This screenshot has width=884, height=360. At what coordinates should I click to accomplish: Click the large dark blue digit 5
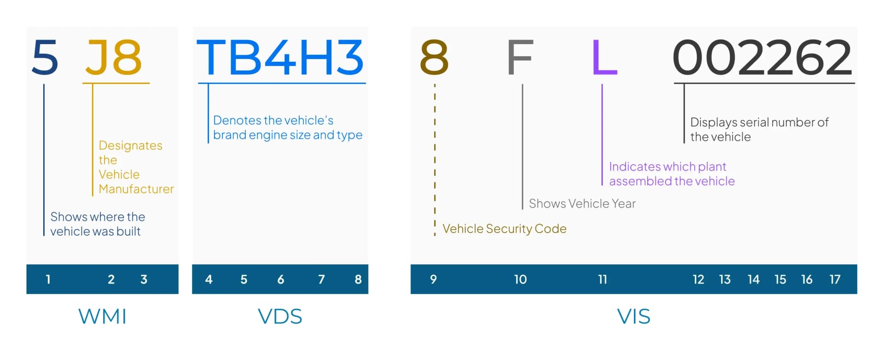45,57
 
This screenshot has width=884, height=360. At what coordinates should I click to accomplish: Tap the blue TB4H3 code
280,57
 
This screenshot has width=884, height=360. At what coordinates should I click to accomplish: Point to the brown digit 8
434,57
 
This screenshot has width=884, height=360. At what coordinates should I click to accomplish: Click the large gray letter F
520,57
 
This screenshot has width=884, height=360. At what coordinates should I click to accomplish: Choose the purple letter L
604,57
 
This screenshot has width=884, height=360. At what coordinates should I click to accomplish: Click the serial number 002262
762,57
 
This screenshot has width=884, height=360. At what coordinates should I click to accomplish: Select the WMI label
102,317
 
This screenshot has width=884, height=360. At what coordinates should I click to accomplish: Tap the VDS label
280,317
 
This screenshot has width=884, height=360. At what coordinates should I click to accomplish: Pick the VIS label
634,317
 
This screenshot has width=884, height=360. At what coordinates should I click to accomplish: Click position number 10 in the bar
520,279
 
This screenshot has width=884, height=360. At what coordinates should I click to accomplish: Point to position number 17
835,279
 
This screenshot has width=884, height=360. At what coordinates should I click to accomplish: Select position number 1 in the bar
48,279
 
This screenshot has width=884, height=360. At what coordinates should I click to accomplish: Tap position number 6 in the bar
280,279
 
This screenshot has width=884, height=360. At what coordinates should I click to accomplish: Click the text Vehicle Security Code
504,229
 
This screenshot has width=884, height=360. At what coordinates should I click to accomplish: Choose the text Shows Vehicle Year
582,203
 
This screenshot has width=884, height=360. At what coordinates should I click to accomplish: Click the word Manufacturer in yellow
136,189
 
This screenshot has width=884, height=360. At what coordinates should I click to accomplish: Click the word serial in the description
754,122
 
